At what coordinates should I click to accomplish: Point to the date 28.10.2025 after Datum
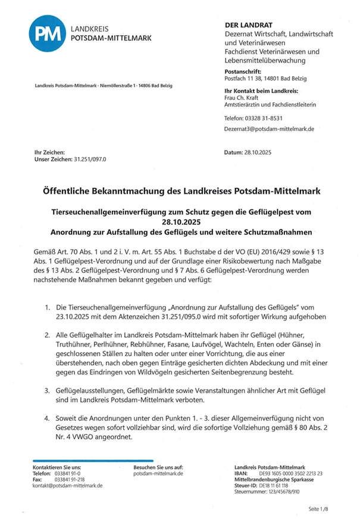(x=257, y=153)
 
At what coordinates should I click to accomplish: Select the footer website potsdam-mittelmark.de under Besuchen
(x=158, y=474)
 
